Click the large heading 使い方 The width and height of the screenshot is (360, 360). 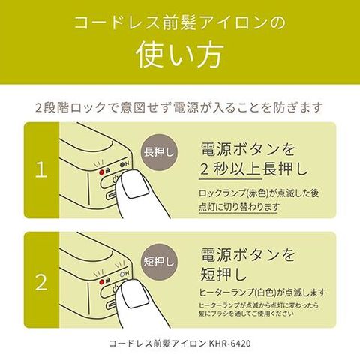(x=180, y=55)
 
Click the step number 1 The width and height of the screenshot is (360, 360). (x=41, y=170)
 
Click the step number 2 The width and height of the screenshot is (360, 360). (x=41, y=282)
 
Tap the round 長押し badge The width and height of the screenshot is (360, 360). (x=159, y=152)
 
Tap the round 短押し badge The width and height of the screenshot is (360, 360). (x=159, y=262)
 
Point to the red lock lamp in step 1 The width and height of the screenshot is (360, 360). (x=102, y=172)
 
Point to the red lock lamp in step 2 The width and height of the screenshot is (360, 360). (x=102, y=282)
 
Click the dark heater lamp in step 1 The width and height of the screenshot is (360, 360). (x=122, y=165)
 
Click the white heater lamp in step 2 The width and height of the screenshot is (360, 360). (x=122, y=274)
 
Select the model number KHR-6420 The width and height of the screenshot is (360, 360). (x=229, y=343)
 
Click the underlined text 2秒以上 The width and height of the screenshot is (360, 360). (x=231, y=169)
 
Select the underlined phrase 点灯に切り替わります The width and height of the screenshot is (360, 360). (x=238, y=207)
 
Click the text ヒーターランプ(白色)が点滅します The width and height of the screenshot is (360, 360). (x=262, y=292)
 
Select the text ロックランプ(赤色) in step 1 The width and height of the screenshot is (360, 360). (x=234, y=193)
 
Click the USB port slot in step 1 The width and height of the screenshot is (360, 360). (x=112, y=195)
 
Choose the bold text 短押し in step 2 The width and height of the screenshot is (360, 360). (x=223, y=274)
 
